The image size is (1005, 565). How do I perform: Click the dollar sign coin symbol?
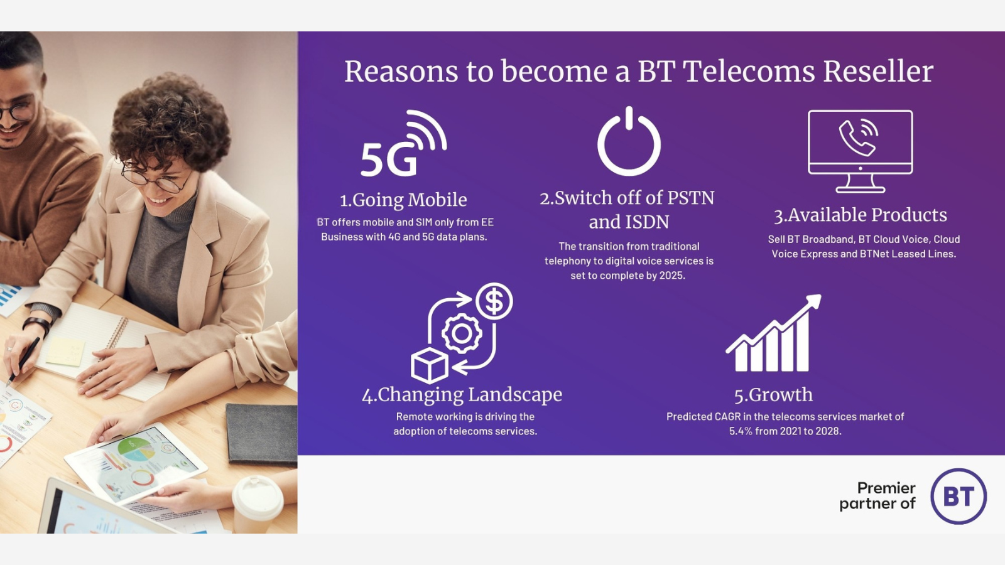pyautogui.click(x=494, y=301)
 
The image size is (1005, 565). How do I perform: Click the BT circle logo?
pyautogui.click(x=959, y=497)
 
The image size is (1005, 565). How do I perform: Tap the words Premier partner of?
pyautogui.click(x=877, y=496)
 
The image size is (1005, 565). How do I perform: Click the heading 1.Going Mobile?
pyautogui.click(x=403, y=200)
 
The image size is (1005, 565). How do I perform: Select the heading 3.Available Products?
pyautogui.click(x=860, y=215)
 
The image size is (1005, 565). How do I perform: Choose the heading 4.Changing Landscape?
pyautogui.click(x=462, y=395)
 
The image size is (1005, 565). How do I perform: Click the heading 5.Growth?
pyautogui.click(x=773, y=395)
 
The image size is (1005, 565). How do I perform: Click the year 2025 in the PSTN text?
pyautogui.click(x=672, y=276)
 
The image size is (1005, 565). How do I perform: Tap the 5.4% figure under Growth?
pyautogui.click(x=741, y=431)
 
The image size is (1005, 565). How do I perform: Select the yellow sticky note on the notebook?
pyautogui.click(x=65, y=352)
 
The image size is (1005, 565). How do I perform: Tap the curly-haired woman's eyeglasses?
pyautogui.click(x=156, y=178)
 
